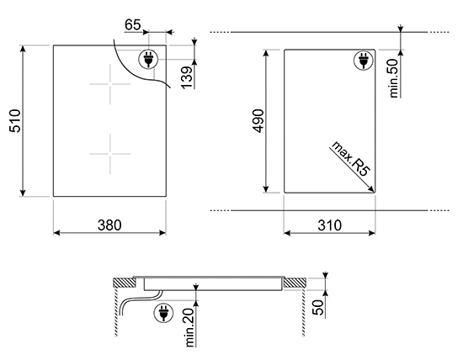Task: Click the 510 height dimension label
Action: coord(11,122)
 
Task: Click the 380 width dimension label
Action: coord(109,225)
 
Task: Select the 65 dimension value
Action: coord(132,25)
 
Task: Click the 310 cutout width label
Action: coord(329,225)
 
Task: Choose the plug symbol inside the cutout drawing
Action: coord(364,61)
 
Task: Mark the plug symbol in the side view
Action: coord(161,313)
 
